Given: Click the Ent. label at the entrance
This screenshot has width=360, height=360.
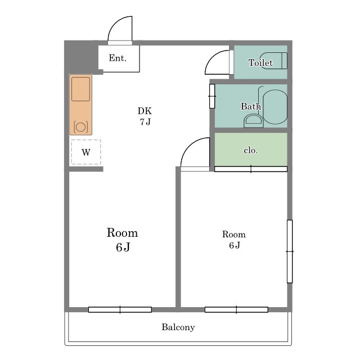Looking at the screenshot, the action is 118,58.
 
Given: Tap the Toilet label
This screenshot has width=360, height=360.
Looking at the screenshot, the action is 260,62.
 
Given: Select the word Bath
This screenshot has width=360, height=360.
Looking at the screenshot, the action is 251,106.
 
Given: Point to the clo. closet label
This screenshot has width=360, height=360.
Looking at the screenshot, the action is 250,150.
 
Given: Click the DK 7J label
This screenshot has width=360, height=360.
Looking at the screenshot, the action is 145,116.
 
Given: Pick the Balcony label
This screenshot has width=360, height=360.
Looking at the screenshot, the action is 178,327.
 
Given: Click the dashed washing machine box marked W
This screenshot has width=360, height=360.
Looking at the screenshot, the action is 86,152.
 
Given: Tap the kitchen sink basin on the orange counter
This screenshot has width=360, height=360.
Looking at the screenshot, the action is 80,89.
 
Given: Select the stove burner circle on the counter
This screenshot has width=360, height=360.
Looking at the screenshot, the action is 80,127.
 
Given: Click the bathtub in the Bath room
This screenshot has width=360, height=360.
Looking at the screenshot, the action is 275,107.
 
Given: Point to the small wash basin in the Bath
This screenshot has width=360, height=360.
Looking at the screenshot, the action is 253,121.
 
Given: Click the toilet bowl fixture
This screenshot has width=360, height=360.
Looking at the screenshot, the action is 273,61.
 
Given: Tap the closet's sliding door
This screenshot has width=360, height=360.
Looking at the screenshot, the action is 251,169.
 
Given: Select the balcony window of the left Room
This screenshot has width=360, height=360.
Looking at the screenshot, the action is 120,310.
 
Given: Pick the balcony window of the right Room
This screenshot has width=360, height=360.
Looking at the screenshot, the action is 236,310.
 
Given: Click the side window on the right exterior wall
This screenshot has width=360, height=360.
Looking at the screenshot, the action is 290,251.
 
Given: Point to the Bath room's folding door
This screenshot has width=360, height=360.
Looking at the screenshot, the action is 212,96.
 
